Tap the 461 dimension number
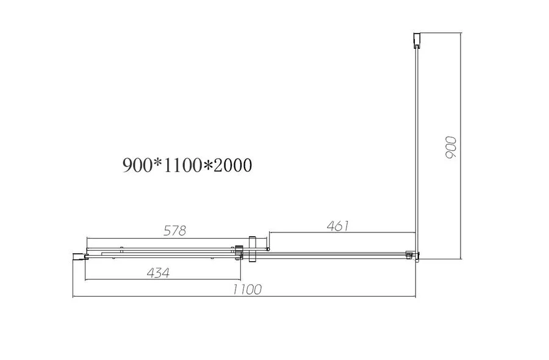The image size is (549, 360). pyautogui.click(x=337, y=226)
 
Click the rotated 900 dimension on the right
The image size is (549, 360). pyautogui.click(x=452, y=148)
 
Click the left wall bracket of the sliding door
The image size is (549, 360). pyautogui.click(x=78, y=256)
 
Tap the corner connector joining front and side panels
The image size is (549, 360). pyautogui.click(x=414, y=256)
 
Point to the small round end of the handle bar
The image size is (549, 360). pyautogui.click(x=268, y=249)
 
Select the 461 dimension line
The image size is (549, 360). pyautogui.click(x=342, y=233)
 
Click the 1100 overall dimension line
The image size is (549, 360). pyautogui.click(x=244, y=297)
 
